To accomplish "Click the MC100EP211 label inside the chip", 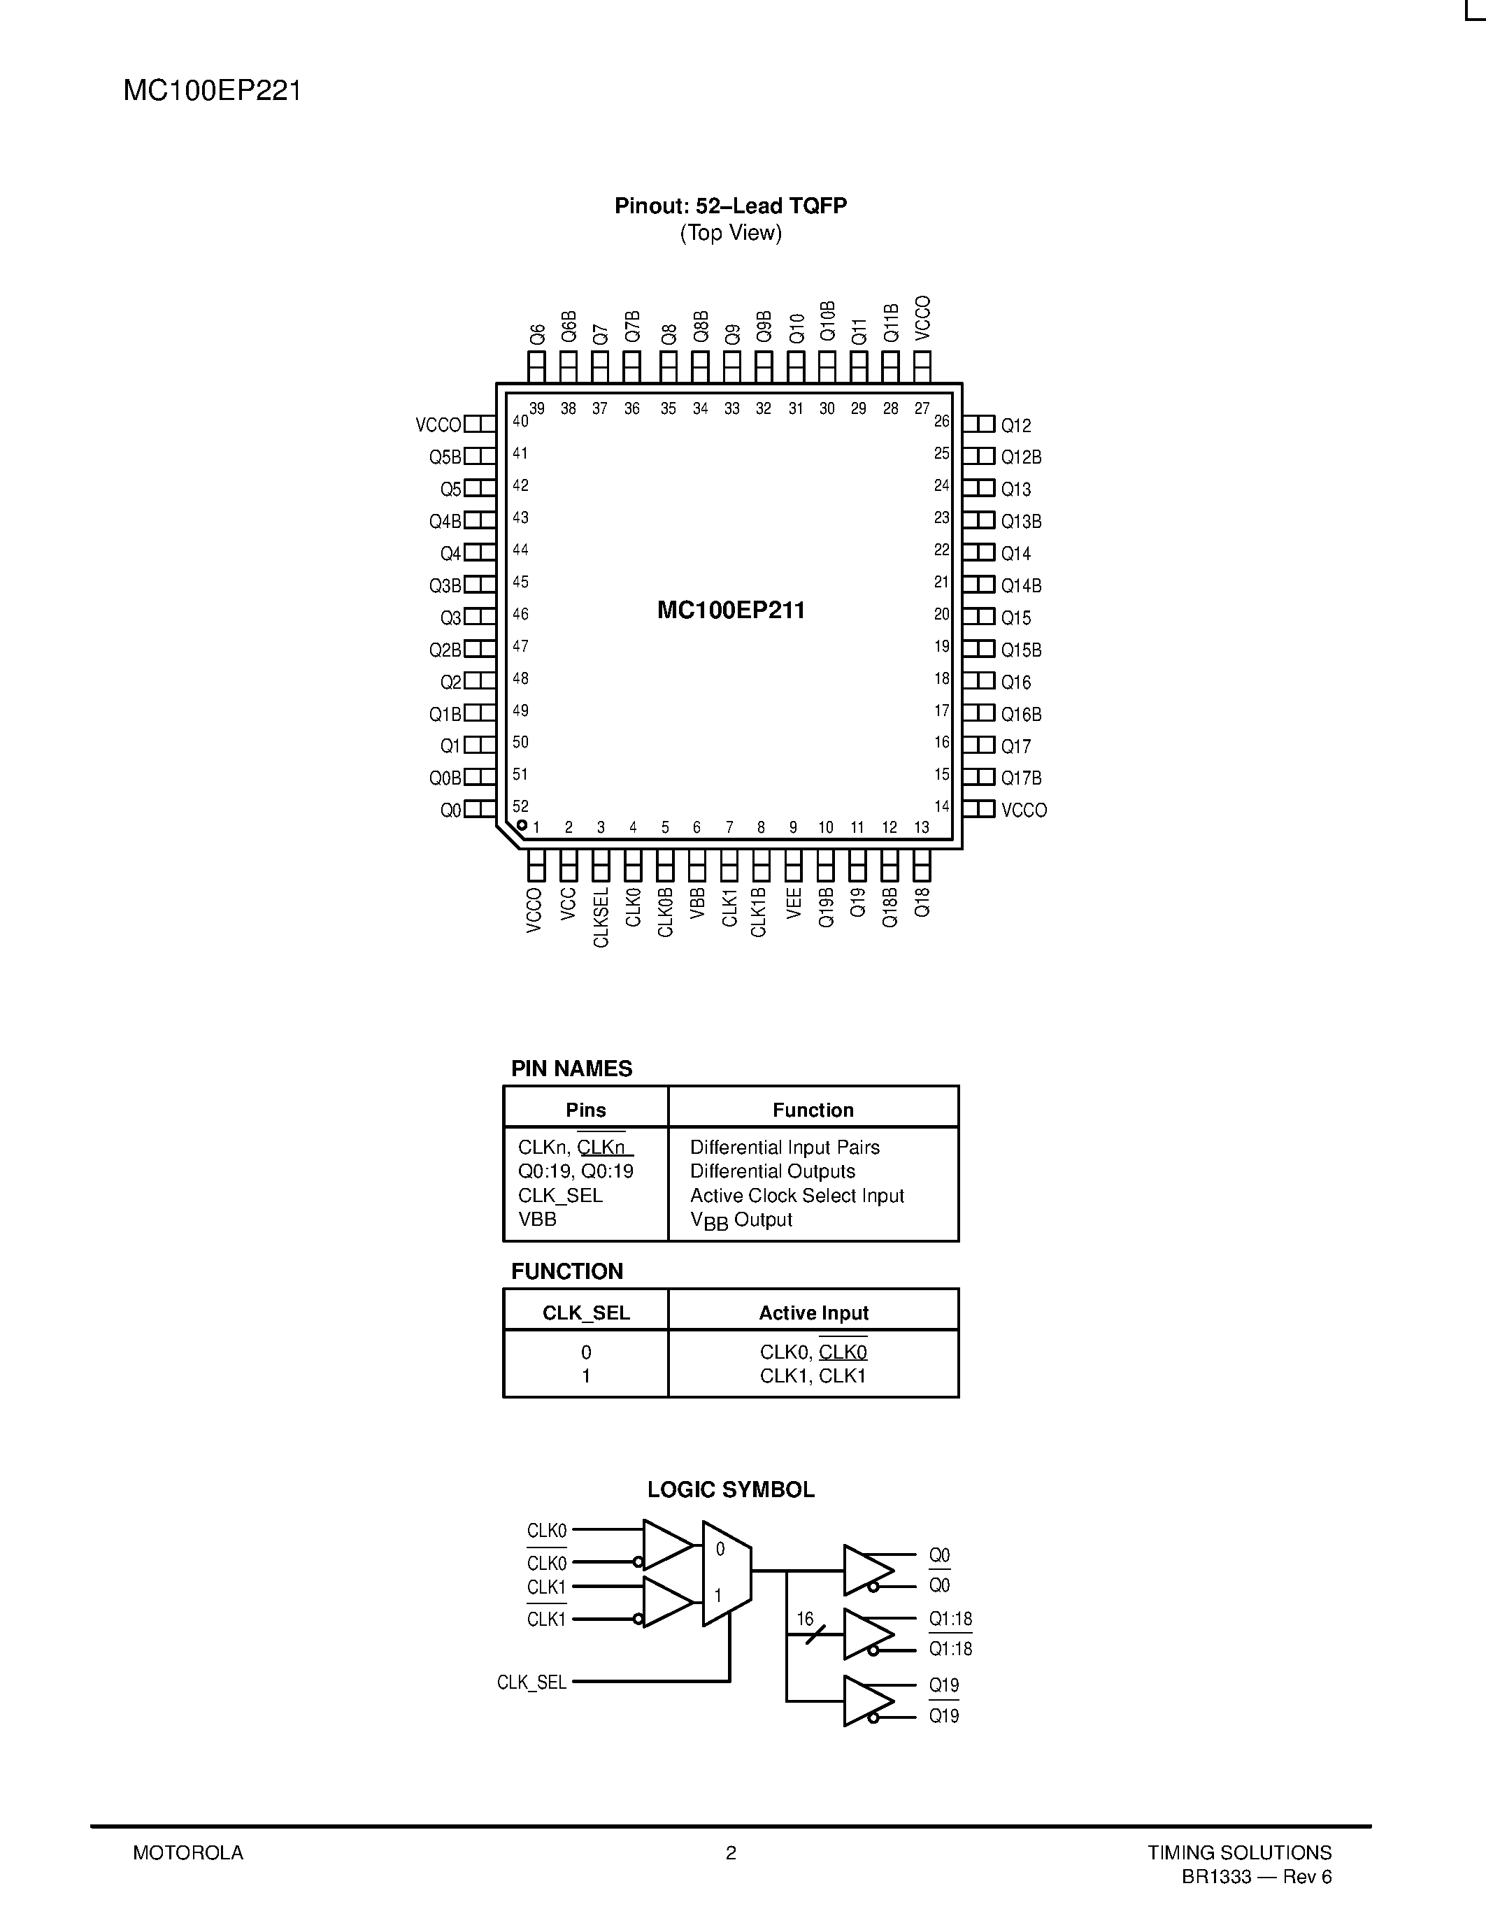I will [731, 610].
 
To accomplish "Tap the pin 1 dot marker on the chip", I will [522, 825].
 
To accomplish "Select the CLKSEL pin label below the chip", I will [601, 917].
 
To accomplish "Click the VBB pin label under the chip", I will [697, 903].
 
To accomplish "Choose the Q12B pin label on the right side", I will [1021, 457].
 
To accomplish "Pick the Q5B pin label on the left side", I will [445, 457].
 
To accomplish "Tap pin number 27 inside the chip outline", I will [922, 408].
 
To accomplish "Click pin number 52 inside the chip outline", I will [520, 806].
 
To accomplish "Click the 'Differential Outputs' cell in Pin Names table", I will [772, 1171].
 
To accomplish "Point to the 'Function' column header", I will [813, 1110].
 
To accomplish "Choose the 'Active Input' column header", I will [813, 1313].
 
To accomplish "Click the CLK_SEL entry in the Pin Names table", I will [560, 1196].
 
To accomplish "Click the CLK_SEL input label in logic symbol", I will [531, 1682].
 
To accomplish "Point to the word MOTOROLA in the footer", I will [187, 1852].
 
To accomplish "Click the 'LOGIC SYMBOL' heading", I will [731, 1489].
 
